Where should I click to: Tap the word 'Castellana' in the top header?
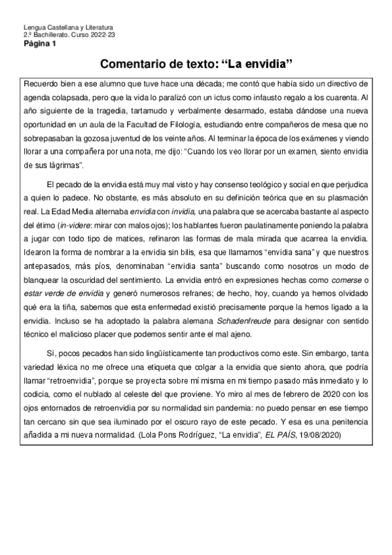(x=61, y=27)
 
